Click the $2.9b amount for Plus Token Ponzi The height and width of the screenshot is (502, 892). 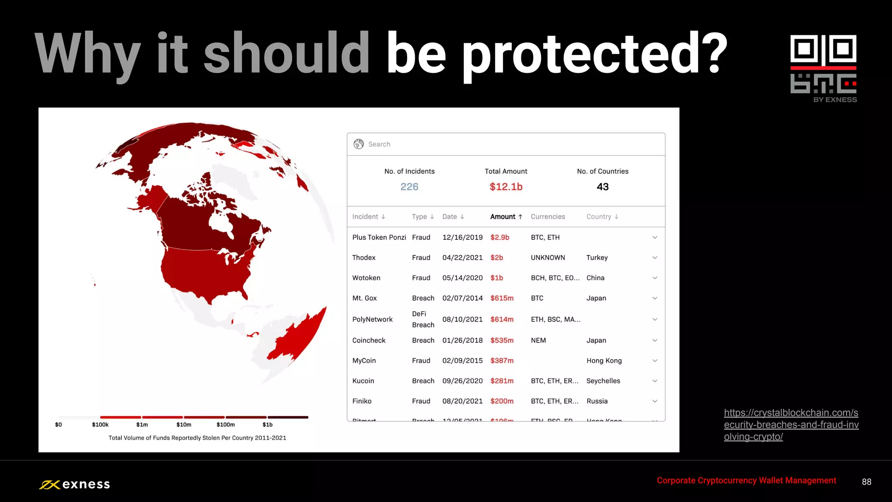(x=500, y=237)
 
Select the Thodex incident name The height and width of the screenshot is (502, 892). (x=364, y=258)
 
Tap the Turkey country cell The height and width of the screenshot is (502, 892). (x=597, y=258)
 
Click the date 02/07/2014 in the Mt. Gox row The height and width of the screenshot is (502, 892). (x=462, y=298)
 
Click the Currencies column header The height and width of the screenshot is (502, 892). (x=547, y=217)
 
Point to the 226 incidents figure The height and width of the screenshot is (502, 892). (x=409, y=187)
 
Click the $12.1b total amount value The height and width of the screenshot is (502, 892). (x=506, y=187)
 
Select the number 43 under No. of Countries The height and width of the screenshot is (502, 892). (x=602, y=187)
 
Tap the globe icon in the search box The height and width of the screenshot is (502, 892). (x=358, y=144)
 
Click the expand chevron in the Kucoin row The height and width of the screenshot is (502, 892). (x=654, y=381)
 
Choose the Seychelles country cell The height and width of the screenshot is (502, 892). (x=603, y=381)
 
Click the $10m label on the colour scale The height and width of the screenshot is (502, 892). (x=183, y=424)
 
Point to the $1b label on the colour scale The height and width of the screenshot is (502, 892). (x=267, y=424)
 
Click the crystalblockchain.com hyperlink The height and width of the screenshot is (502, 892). (x=791, y=424)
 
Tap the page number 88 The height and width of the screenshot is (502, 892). (x=866, y=482)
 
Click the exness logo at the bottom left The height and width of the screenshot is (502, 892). (x=74, y=485)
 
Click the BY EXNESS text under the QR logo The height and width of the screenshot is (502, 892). (x=835, y=100)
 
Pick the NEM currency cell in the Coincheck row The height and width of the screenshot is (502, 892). (x=538, y=340)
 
